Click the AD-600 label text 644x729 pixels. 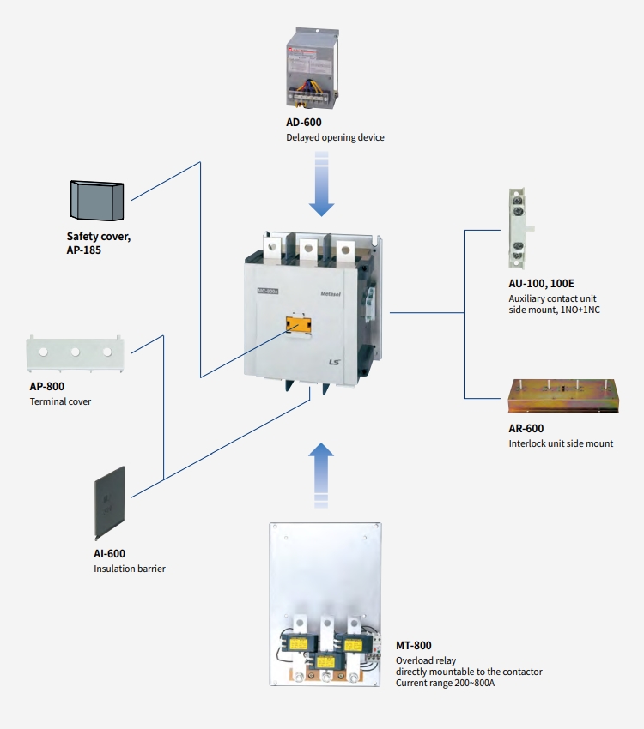pos(304,123)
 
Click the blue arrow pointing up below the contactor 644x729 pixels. pos(321,473)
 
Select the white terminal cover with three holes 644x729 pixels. pos(75,352)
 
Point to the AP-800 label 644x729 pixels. pos(47,387)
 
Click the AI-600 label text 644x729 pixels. pos(110,554)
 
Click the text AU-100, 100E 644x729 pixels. pos(541,282)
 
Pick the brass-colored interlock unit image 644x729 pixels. pos(562,397)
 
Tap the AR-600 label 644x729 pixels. pos(526,429)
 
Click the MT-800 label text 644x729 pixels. pos(414,645)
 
